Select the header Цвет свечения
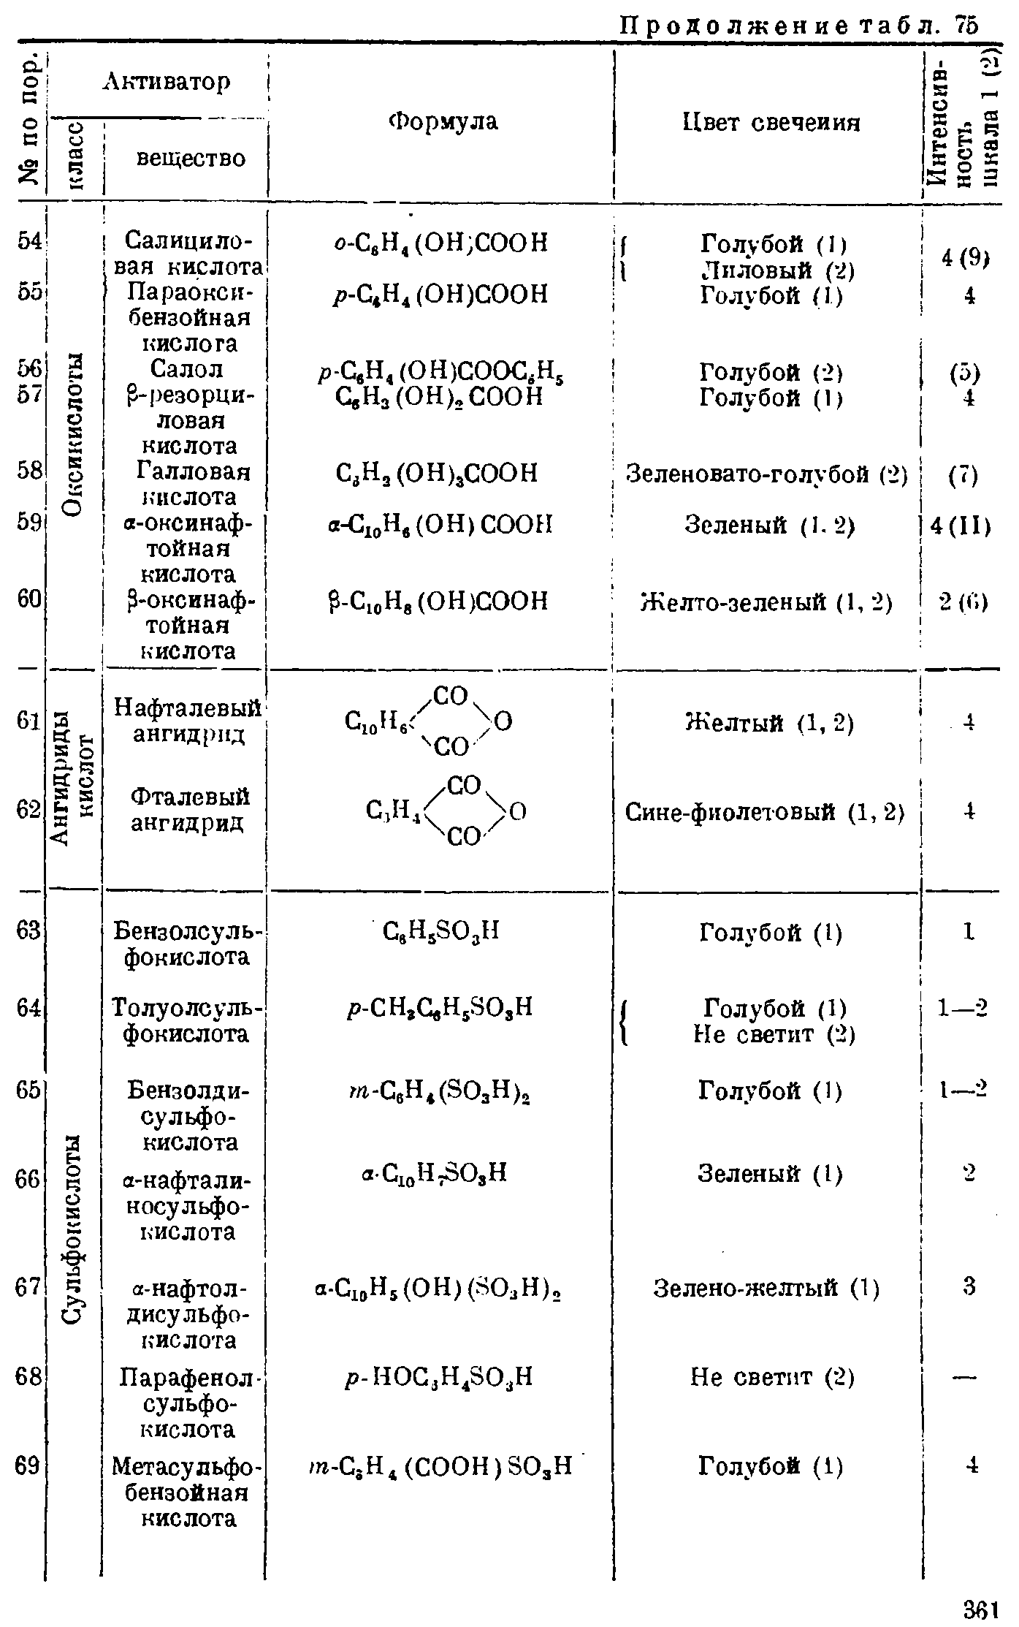(x=771, y=122)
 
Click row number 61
(x=28, y=721)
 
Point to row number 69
(x=28, y=1465)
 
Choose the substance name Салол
(x=187, y=369)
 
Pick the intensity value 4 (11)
(x=961, y=526)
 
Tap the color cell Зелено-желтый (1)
(x=766, y=1287)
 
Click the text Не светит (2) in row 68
(x=772, y=1378)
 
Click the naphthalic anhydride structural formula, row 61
(x=430, y=722)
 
